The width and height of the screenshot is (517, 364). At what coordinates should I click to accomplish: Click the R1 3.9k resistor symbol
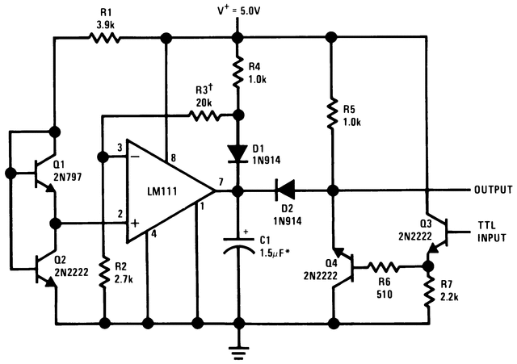103,37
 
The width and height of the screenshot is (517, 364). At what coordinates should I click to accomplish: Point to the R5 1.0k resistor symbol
330,112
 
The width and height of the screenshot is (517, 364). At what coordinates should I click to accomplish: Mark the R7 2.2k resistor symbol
427,293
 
